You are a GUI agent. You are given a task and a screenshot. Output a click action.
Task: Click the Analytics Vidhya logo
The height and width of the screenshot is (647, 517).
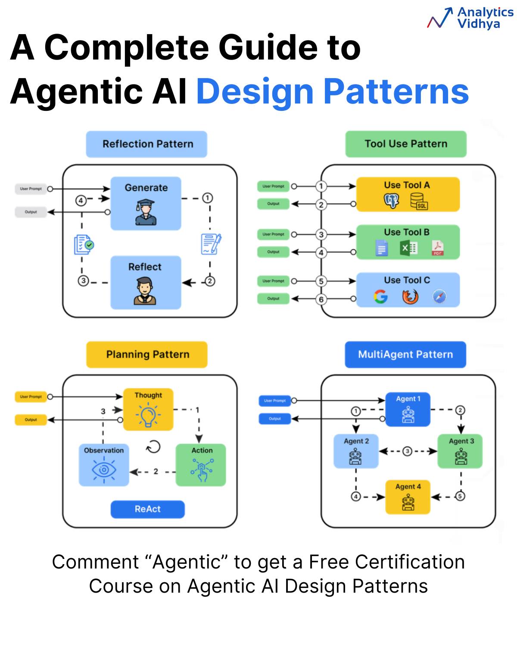(470, 18)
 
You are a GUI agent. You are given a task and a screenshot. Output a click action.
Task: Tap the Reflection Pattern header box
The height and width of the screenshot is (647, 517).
(146, 144)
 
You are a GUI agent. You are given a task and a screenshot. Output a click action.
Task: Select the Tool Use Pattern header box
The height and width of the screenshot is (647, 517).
(405, 144)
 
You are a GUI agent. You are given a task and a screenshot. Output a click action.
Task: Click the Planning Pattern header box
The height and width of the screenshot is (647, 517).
(146, 354)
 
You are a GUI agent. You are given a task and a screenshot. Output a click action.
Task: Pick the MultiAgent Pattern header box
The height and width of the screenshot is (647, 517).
(405, 354)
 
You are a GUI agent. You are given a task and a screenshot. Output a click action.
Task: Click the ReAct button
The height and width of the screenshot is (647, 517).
(147, 509)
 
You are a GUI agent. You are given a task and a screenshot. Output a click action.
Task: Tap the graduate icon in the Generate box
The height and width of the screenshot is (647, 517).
(146, 212)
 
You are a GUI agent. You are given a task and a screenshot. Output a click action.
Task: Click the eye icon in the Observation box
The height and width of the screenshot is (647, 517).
(104, 470)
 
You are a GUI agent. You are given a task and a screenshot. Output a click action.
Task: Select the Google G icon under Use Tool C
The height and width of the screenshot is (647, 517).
(380, 296)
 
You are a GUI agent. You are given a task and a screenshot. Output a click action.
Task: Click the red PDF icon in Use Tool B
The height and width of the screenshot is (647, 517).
(437, 248)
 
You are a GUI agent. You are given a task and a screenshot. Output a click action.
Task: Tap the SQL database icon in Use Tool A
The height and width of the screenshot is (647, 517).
(419, 201)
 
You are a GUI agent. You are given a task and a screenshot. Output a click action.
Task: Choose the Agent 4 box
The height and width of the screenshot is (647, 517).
(408, 497)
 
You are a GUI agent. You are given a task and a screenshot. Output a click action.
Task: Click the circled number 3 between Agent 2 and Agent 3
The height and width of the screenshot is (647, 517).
(407, 451)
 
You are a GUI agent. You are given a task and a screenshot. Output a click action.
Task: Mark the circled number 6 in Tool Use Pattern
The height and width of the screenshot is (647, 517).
(321, 299)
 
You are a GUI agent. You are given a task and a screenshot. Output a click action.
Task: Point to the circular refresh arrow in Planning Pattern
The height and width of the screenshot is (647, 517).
(153, 446)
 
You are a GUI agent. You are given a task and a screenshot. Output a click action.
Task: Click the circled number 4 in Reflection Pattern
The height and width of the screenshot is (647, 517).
(81, 201)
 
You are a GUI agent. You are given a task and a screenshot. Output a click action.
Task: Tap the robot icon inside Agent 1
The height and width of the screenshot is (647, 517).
(408, 415)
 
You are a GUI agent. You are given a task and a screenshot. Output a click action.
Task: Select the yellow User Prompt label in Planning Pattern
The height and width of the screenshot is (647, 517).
(31, 396)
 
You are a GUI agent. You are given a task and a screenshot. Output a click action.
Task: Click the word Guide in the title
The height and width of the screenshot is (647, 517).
(268, 48)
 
